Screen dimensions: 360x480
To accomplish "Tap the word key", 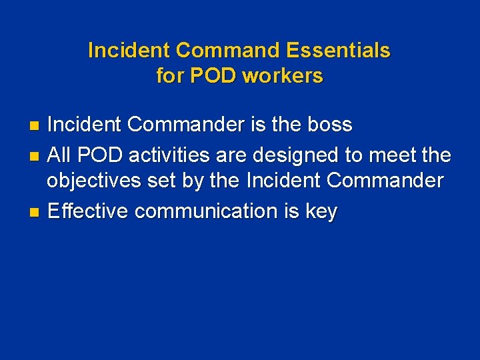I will pyautogui.click(x=321, y=211).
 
